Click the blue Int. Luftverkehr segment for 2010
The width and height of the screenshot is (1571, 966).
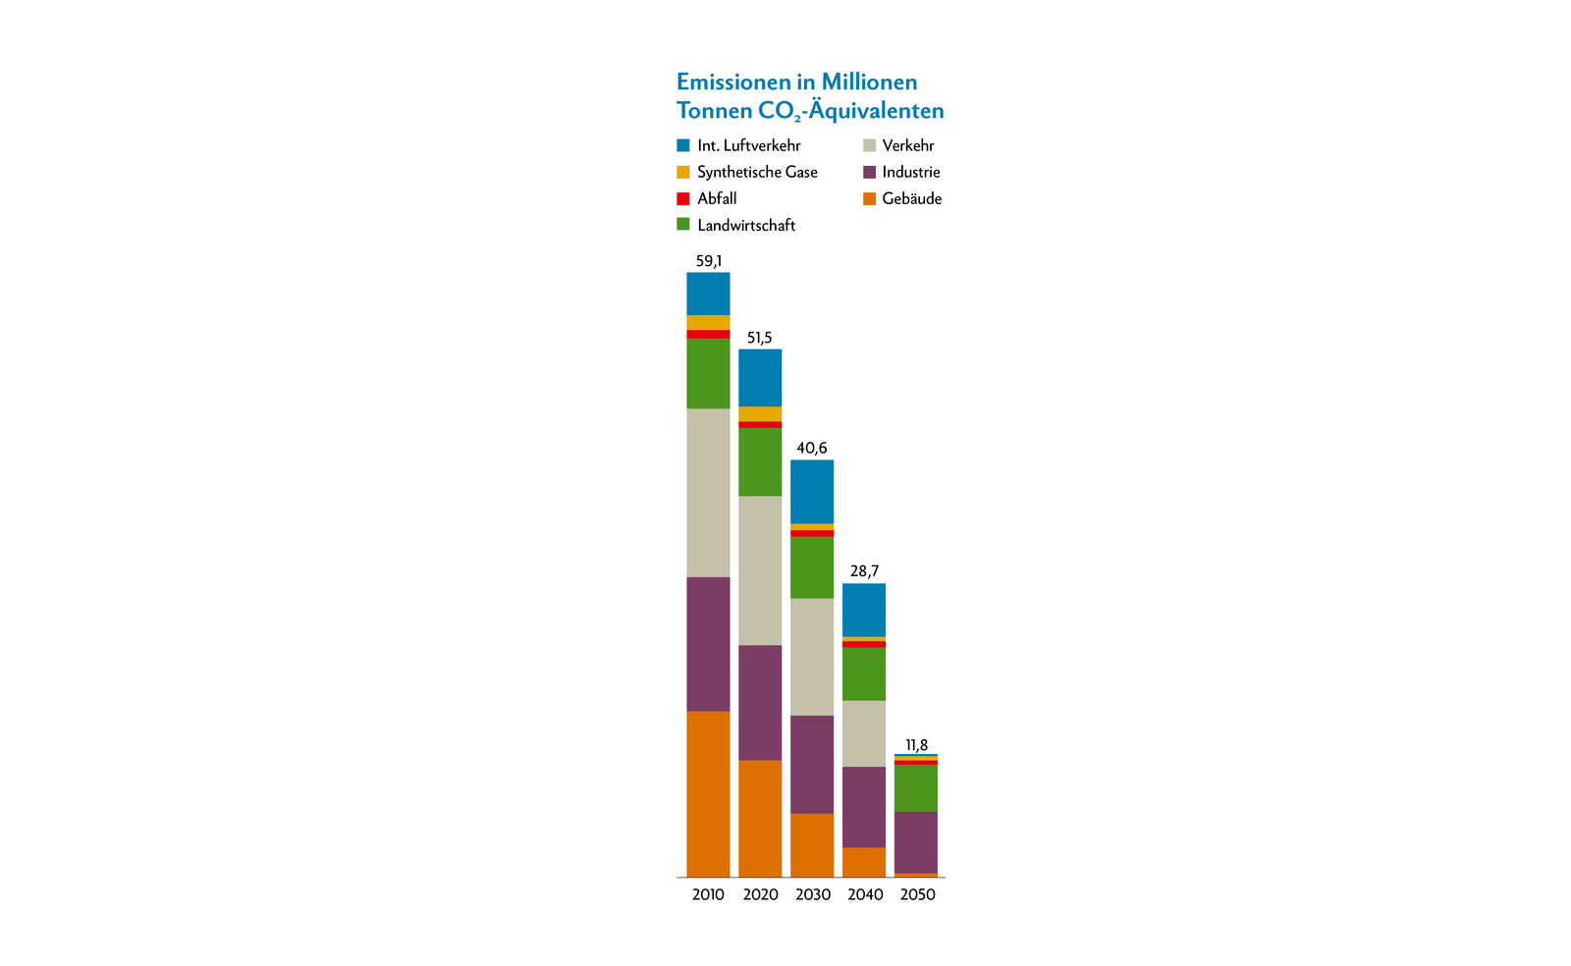pos(708,294)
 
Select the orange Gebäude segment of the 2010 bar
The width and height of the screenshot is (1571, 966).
pos(708,793)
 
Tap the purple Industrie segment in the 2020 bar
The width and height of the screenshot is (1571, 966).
pos(760,702)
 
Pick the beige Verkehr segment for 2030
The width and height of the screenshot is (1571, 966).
pos(812,657)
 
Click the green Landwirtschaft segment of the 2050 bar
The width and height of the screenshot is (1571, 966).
pos(916,788)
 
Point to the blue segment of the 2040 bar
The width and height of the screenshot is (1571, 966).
pos(864,610)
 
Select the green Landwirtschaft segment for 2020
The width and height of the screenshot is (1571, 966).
pos(760,461)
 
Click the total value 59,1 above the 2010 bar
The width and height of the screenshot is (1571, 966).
pos(708,261)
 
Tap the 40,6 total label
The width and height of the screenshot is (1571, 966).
pos(812,449)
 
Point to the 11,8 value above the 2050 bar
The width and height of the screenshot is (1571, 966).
pos(916,745)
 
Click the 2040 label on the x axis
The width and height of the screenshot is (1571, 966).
pos(865,894)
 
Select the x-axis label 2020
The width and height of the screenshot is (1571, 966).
pos(760,894)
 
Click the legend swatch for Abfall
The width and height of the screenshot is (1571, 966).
pos(683,198)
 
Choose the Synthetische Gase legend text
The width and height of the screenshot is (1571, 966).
pos(757,172)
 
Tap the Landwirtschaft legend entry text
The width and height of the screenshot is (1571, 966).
pos(746,225)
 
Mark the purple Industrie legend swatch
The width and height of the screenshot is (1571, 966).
pos(869,172)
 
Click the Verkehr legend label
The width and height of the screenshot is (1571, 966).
pos(908,145)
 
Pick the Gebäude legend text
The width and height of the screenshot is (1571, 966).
pos(912,198)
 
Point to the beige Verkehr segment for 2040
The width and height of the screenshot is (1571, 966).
pos(864,733)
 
